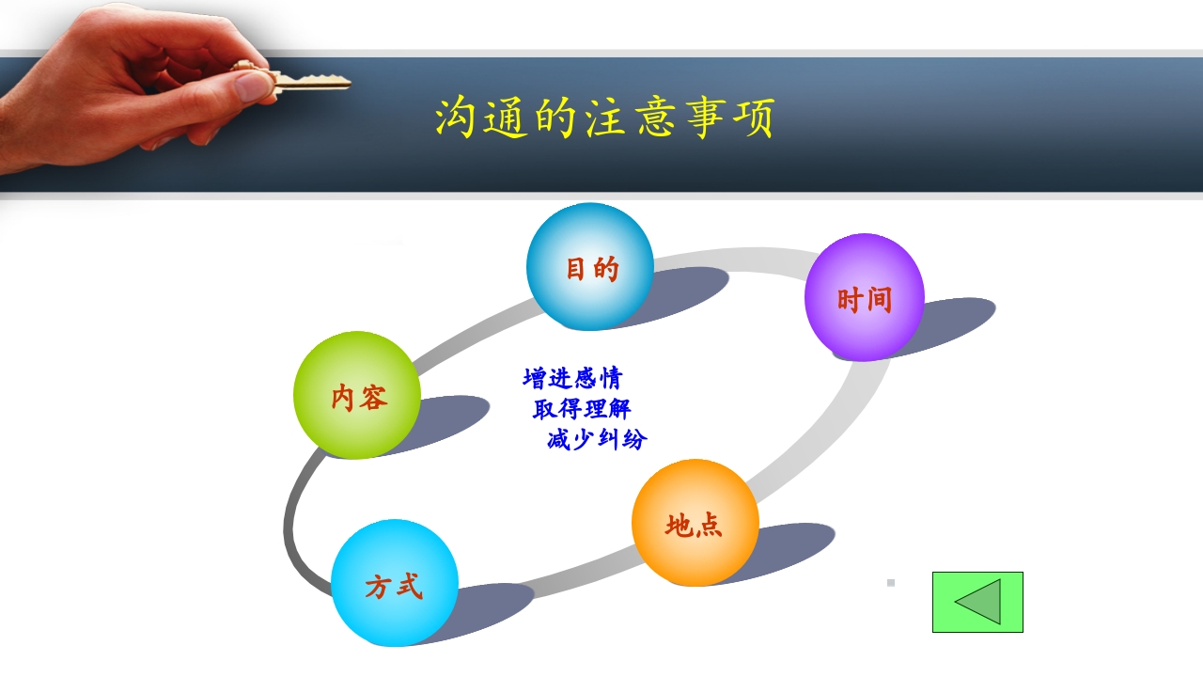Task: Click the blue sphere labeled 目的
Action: coord(589,267)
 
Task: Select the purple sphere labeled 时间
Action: coord(864,298)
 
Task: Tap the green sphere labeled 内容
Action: coord(356,396)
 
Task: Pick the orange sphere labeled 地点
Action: coord(695,523)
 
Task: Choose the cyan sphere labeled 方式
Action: coord(394,584)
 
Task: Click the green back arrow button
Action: coord(977,602)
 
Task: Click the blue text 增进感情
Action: coord(572,378)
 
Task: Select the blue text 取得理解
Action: coord(582,409)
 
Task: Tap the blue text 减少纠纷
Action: coord(597,439)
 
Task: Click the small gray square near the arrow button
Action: coord(891,583)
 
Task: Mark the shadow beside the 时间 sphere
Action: coord(949,320)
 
